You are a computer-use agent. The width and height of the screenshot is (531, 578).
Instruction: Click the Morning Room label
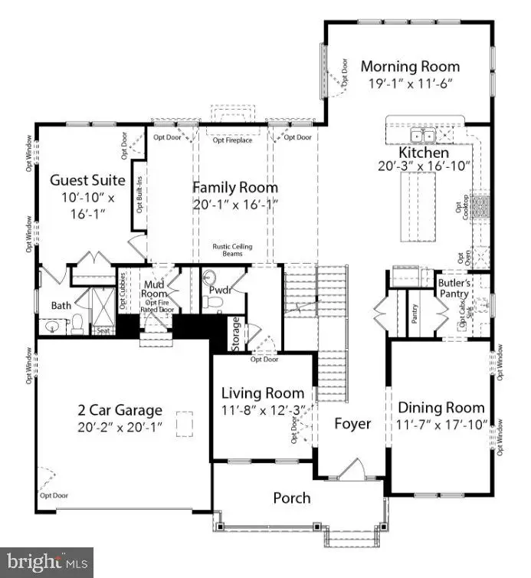[410, 67]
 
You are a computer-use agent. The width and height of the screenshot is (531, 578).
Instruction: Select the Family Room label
[235, 187]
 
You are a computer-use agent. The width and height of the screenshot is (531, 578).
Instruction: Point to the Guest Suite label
[77, 181]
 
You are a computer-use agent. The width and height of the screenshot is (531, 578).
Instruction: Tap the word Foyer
[352, 424]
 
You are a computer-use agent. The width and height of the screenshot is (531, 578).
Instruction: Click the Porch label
[292, 498]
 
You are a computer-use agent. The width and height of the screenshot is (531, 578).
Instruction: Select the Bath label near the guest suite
[61, 305]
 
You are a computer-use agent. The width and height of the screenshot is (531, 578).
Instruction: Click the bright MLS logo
[46, 562]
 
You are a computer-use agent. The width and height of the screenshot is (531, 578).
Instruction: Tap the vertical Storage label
[236, 333]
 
